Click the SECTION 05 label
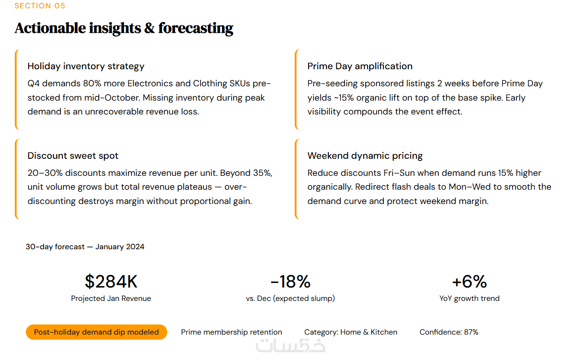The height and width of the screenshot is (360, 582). [x=40, y=6]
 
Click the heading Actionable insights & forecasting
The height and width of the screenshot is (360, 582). [x=124, y=28]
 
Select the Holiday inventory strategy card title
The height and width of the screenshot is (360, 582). [x=86, y=66]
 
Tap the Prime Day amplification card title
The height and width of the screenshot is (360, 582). [x=360, y=66]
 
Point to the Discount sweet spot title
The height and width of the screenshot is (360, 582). [x=73, y=156]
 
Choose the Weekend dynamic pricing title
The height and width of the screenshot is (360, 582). [x=365, y=156]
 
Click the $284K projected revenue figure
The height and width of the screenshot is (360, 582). [x=111, y=282]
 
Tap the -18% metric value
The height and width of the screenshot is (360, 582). [x=290, y=282]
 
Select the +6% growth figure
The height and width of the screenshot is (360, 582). [x=469, y=282]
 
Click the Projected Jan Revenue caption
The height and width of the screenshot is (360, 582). [x=111, y=299]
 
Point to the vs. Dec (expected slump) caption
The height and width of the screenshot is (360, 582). [x=290, y=299]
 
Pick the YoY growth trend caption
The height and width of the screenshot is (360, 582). [x=469, y=299]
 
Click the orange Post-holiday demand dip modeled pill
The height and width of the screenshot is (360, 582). [x=96, y=332]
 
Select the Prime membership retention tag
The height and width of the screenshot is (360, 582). [x=231, y=332]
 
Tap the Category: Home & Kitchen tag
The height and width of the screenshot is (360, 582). [x=351, y=332]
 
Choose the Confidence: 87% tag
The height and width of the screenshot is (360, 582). [x=449, y=332]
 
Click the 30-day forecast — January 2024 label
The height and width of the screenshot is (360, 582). [x=85, y=247]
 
